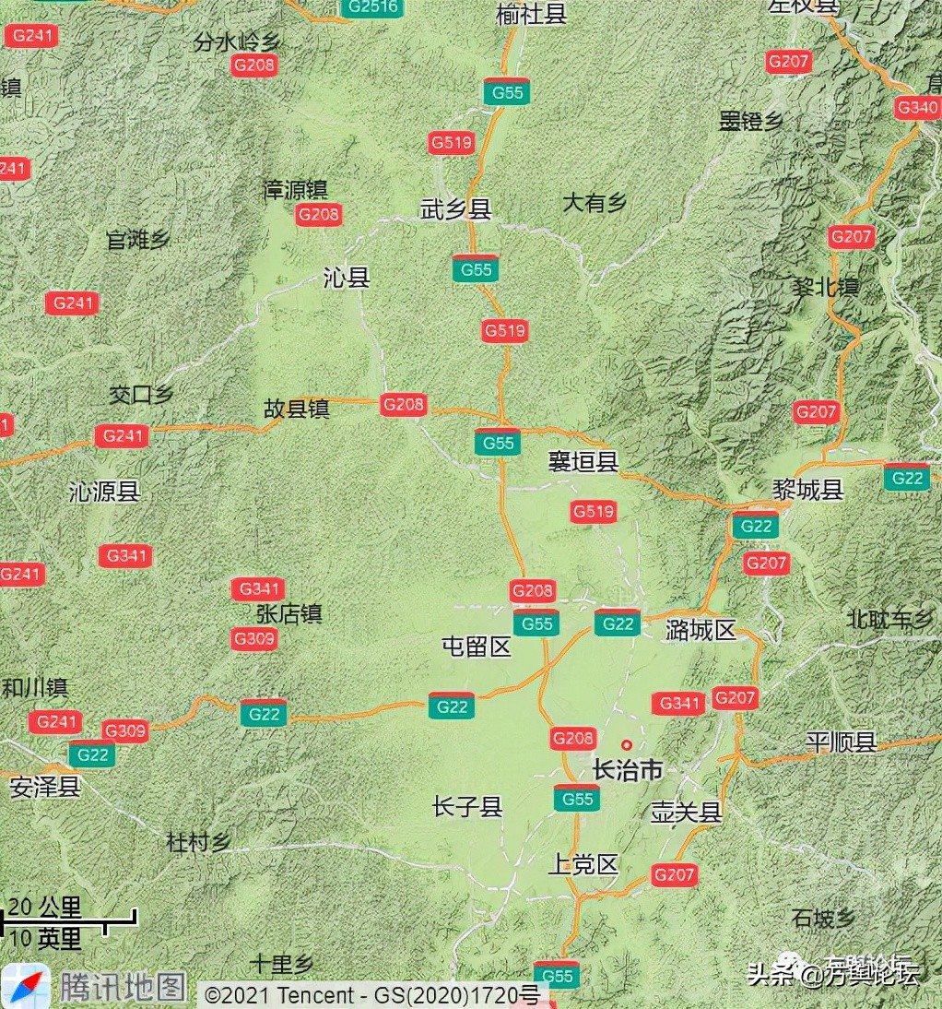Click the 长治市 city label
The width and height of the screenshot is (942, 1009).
628,770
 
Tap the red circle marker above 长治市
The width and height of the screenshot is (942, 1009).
627,744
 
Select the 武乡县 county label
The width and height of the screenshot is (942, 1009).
455,210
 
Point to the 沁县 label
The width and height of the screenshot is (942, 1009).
347,278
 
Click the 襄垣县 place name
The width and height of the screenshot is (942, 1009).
583,461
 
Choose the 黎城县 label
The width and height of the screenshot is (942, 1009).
807,490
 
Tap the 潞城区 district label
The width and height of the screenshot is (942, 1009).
701,631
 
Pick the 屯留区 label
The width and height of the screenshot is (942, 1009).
477,647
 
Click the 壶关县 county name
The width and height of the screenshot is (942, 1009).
685,813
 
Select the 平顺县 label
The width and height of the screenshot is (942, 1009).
840,742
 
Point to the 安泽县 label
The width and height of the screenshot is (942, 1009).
45,788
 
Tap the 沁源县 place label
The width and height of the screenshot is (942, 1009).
104,492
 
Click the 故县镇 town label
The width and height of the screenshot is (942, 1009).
297,410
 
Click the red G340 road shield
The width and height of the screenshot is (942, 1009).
917,108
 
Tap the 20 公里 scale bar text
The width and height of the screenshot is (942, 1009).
45,907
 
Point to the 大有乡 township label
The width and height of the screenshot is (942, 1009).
595,203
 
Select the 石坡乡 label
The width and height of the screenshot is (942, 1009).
823,919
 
